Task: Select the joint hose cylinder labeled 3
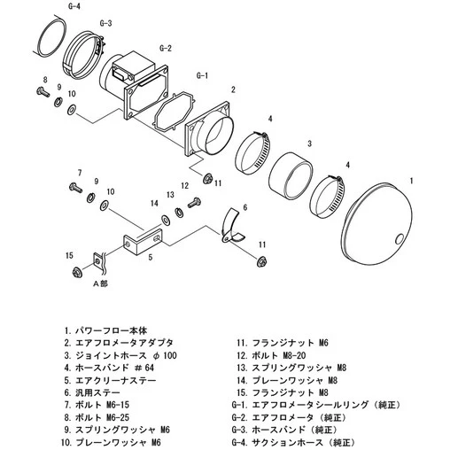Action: [290, 176]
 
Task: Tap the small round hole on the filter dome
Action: [400, 239]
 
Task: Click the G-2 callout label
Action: [166, 48]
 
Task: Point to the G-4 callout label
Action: [74, 6]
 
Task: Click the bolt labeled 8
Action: [43, 91]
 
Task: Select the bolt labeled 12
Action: [195, 203]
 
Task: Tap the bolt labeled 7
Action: [76, 188]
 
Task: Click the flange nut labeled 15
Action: [77, 272]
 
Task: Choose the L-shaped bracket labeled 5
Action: [144, 242]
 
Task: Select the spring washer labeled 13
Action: [179, 213]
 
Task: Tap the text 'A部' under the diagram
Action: [100, 283]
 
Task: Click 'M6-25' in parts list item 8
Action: [117, 417]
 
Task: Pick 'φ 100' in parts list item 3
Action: [166, 355]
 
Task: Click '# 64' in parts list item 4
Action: [144, 368]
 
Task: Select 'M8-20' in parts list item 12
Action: [294, 355]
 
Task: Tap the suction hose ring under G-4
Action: [50, 37]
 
